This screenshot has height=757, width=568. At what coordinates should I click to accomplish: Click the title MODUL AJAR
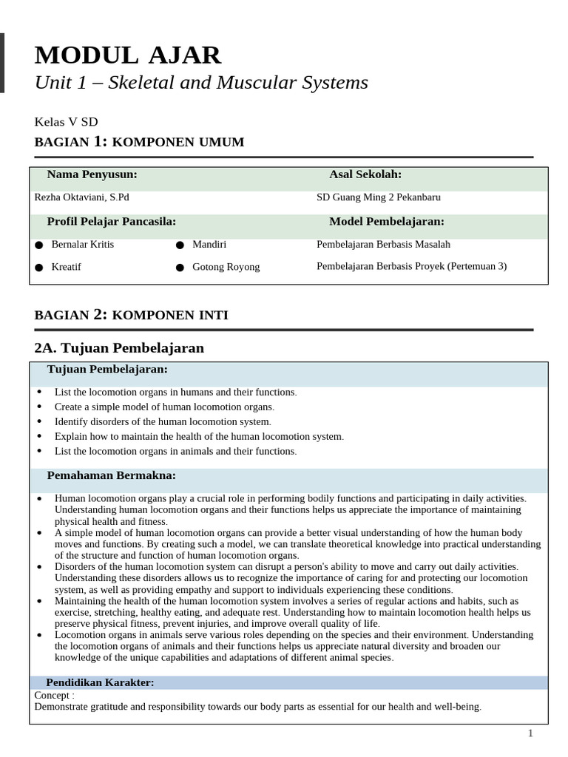(x=128, y=55)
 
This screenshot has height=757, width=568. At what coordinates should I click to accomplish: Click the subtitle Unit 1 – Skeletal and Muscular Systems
(x=201, y=83)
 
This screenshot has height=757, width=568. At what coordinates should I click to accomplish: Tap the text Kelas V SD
(x=66, y=122)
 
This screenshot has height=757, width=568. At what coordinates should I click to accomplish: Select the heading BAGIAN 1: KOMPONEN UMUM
(x=139, y=142)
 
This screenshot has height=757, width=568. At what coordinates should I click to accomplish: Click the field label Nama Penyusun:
(x=92, y=174)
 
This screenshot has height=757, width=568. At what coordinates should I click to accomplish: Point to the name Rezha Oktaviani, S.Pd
(x=81, y=197)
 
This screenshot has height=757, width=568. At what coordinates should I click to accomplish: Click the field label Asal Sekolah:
(x=365, y=174)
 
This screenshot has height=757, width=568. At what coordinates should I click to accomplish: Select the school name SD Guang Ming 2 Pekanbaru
(x=378, y=197)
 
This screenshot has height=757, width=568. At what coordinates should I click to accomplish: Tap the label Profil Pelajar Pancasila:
(x=111, y=221)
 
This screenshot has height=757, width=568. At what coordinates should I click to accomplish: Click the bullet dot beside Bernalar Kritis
(x=38, y=245)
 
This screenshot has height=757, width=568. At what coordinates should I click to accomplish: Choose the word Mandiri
(x=209, y=244)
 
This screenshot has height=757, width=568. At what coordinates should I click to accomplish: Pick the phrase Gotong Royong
(x=226, y=267)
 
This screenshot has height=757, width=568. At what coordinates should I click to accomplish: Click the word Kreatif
(x=67, y=267)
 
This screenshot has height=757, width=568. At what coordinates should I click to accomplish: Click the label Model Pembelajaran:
(x=386, y=221)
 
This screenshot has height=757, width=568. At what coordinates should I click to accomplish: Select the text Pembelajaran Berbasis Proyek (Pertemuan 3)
(x=411, y=266)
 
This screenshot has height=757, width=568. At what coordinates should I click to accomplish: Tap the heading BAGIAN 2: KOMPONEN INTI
(x=132, y=315)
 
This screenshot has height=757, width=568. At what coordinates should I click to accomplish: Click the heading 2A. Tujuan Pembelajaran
(x=119, y=347)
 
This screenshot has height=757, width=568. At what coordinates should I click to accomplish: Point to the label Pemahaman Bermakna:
(x=111, y=475)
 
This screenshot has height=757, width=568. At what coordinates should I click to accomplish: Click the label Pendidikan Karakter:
(x=100, y=682)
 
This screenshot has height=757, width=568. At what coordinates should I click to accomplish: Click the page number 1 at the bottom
(x=530, y=733)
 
